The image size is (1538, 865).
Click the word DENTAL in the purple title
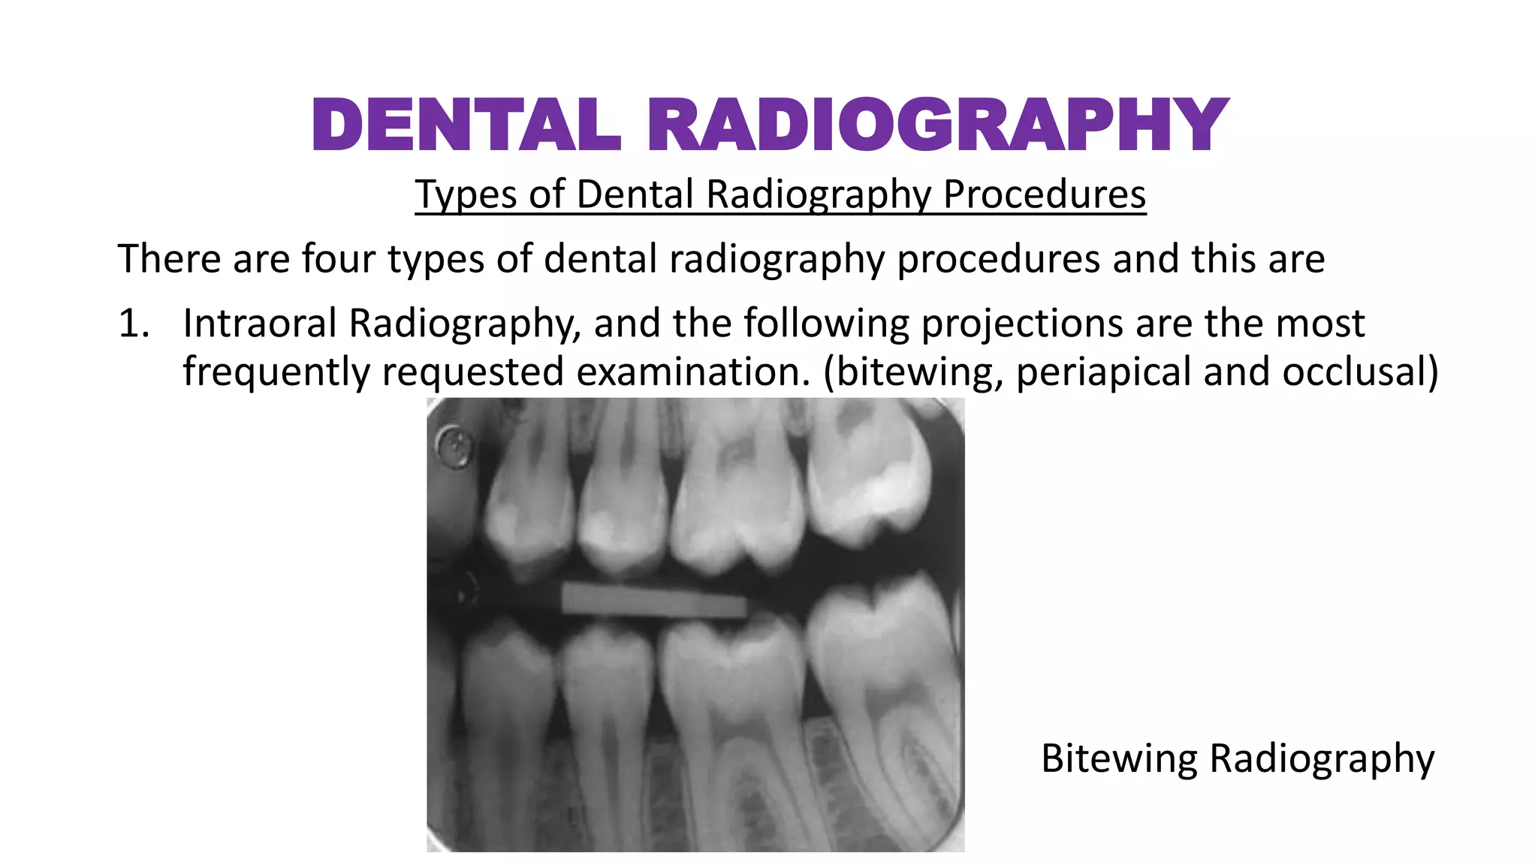466,125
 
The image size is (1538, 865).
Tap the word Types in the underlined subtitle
466,194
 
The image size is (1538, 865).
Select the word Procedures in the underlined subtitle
1044,194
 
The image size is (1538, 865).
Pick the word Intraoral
260,324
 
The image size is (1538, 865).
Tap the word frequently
276,372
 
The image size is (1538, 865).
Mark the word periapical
1103,372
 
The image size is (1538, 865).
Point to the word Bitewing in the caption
1118,758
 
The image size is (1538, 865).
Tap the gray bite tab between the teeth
653,601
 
